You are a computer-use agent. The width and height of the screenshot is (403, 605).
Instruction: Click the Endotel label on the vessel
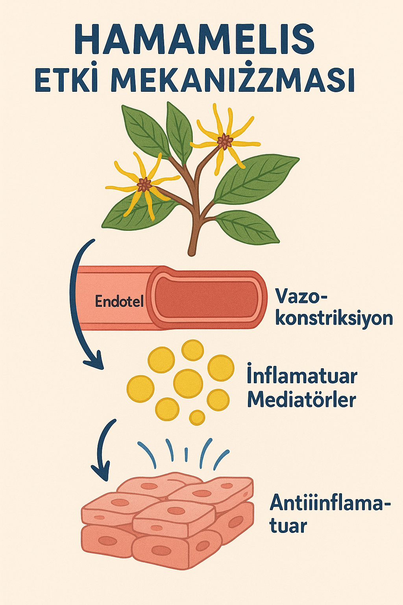(119, 302)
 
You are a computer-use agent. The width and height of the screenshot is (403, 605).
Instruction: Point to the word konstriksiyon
(334, 318)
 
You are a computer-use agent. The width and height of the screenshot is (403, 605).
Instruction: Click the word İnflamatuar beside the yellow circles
(302, 376)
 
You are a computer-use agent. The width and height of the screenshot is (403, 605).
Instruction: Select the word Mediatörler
(301, 400)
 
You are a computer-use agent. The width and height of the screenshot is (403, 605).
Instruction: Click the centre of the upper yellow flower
(225, 141)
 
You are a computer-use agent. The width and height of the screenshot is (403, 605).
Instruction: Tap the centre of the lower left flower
(144, 184)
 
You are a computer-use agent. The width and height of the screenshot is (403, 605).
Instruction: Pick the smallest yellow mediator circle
(197, 418)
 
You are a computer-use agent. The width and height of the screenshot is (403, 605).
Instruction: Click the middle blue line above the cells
(186, 454)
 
